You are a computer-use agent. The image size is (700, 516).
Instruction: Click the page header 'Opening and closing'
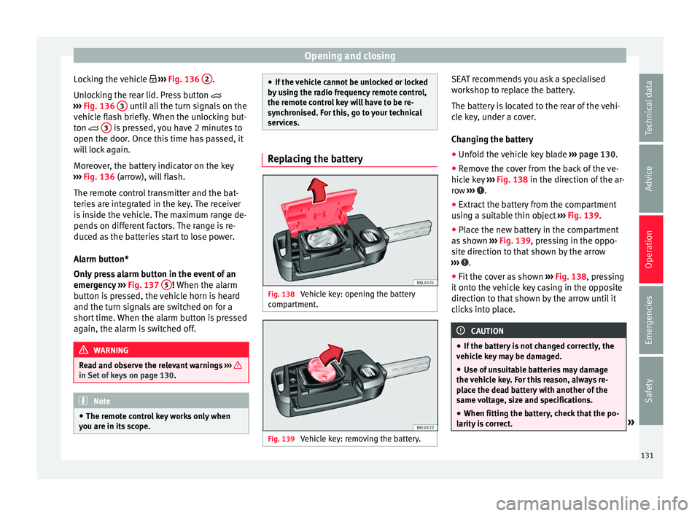click(349, 55)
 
